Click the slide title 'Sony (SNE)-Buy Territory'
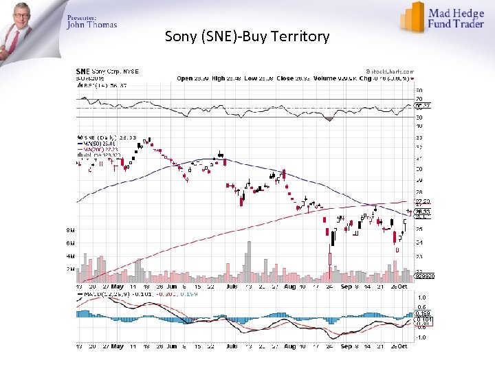(x=247, y=36)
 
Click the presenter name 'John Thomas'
(x=91, y=25)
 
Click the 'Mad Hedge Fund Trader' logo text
(x=455, y=18)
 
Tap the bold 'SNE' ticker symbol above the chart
(x=82, y=71)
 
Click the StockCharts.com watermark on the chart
(x=390, y=71)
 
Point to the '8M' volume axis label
(x=70, y=229)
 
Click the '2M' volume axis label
(x=70, y=269)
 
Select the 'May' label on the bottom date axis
(x=118, y=347)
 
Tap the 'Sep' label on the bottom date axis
(x=346, y=347)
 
